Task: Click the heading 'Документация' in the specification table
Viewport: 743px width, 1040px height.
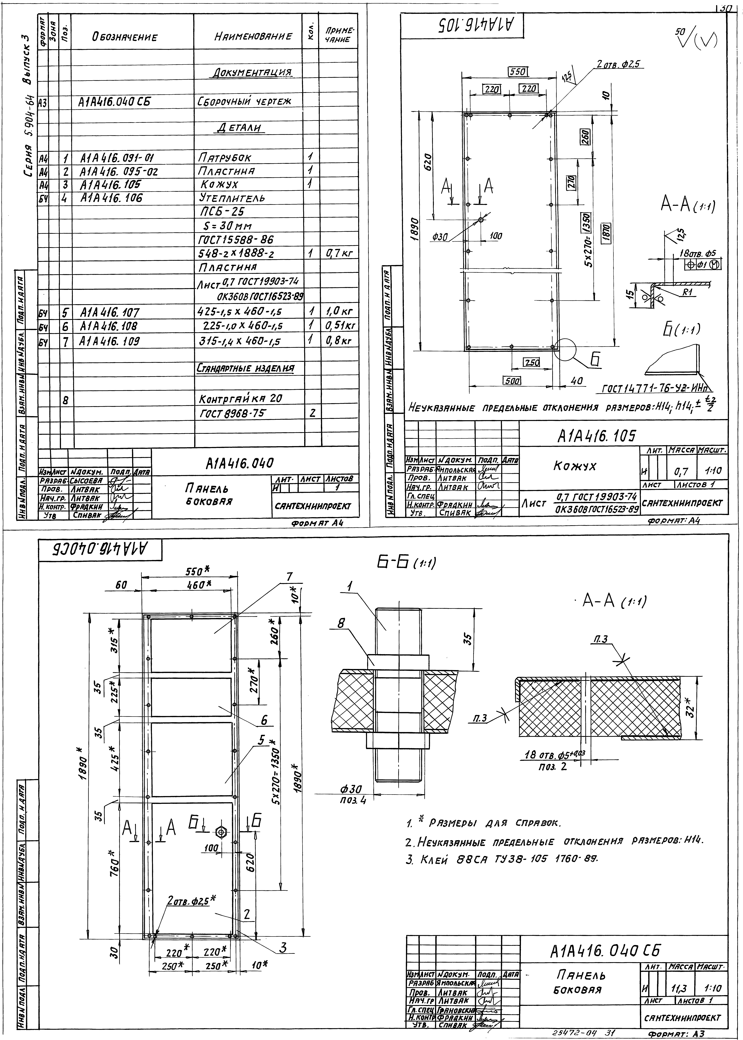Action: pyautogui.click(x=252, y=73)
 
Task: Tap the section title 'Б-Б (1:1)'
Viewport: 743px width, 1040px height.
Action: pyautogui.click(x=406, y=563)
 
